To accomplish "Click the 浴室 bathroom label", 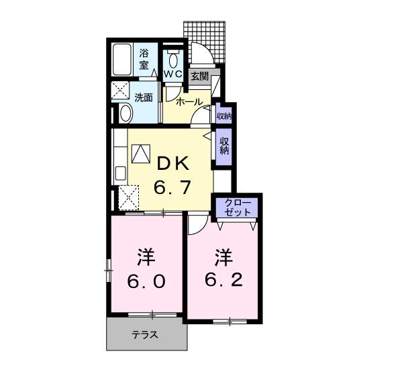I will pos(144,60).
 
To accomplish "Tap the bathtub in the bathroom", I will pos(123,60).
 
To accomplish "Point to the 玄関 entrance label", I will pos(199,76).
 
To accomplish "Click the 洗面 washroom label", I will pos(144,97).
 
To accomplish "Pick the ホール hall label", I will pos(189,101).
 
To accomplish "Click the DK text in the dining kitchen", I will pos(174,164).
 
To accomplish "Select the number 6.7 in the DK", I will pos(172,188).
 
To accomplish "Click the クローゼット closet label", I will pos(238,207).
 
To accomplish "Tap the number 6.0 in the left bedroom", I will pos(146,282).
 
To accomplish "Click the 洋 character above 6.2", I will pos(223,256).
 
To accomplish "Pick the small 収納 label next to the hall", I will pos(223,116).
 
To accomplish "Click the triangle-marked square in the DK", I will pos(141,154).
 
